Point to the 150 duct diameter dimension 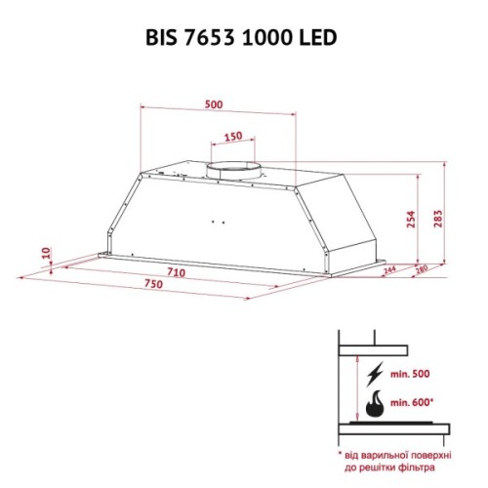pyautogui.click(x=232, y=137)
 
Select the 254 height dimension pyautogui.click(x=411, y=224)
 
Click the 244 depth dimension pyautogui.click(x=388, y=270)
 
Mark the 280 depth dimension pyautogui.click(x=424, y=270)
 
